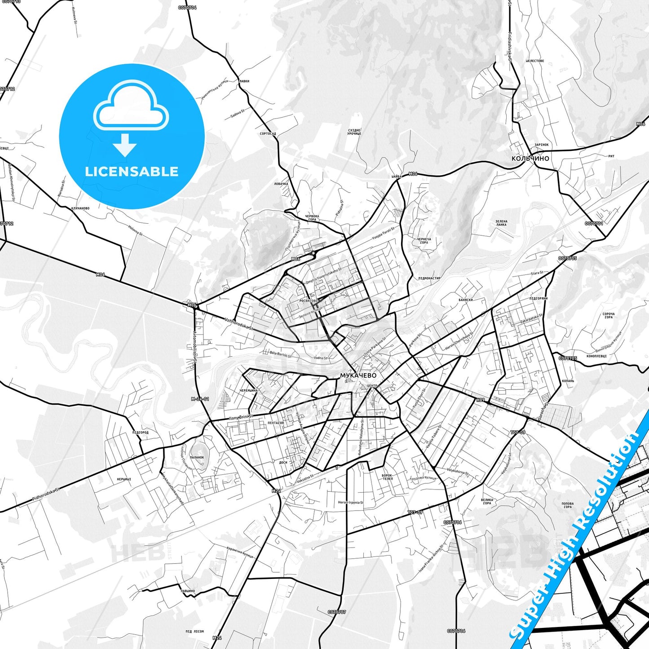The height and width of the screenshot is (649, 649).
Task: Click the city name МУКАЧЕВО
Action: click(358, 375)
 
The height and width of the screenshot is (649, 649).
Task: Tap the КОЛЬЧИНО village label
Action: click(530, 159)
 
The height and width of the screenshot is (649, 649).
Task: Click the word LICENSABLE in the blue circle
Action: click(132, 172)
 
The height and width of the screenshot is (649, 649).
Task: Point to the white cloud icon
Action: click(131, 106)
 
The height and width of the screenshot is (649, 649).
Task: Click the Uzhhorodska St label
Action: click(238, 324)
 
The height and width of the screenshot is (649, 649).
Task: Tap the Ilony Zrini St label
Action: click(241, 417)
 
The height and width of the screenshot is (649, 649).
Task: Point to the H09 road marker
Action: click(480, 400)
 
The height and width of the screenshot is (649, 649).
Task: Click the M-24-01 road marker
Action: click(200, 399)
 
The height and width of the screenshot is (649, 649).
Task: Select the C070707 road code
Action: click(337, 612)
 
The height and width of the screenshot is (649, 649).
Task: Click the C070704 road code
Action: click(187, 8)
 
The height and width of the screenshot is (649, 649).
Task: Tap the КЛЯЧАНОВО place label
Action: click(80, 208)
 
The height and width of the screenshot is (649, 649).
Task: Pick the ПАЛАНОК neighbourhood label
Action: click(197, 457)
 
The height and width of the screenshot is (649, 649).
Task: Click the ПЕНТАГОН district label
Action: click(276, 423)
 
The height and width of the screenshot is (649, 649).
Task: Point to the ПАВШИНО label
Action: click(188, 591)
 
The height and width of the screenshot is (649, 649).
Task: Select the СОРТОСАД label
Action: click(268, 134)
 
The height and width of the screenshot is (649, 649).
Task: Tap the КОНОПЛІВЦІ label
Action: click(596, 356)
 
